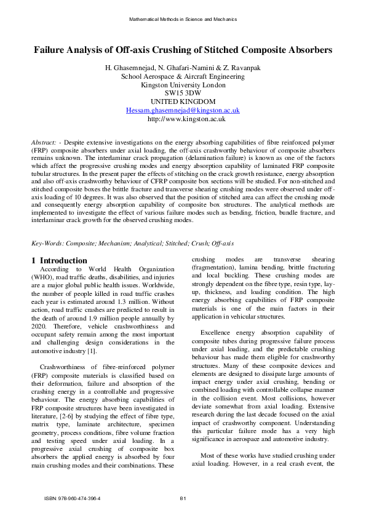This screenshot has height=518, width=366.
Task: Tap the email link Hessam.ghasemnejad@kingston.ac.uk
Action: [x=183, y=110]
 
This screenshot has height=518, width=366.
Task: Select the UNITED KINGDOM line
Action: [x=183, y=102]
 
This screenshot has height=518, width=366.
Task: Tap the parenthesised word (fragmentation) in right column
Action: [x=215, y=269]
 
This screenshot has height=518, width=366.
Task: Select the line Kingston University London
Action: [x=183, y=85]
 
